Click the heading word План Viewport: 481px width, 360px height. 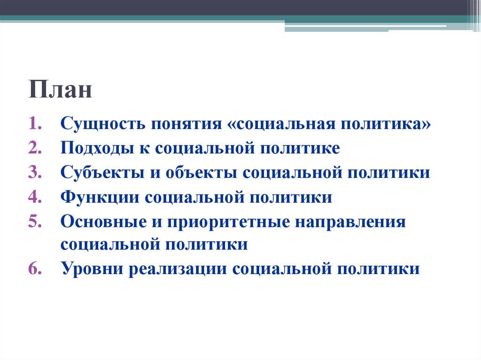60,89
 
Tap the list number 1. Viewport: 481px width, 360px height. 36,124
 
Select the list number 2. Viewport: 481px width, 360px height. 36,148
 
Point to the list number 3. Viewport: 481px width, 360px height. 36,173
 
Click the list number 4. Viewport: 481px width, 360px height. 36,197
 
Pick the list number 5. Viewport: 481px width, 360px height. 36,222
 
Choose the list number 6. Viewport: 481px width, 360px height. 36,269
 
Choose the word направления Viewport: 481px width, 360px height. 350,222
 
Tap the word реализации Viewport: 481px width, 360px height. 176,269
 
